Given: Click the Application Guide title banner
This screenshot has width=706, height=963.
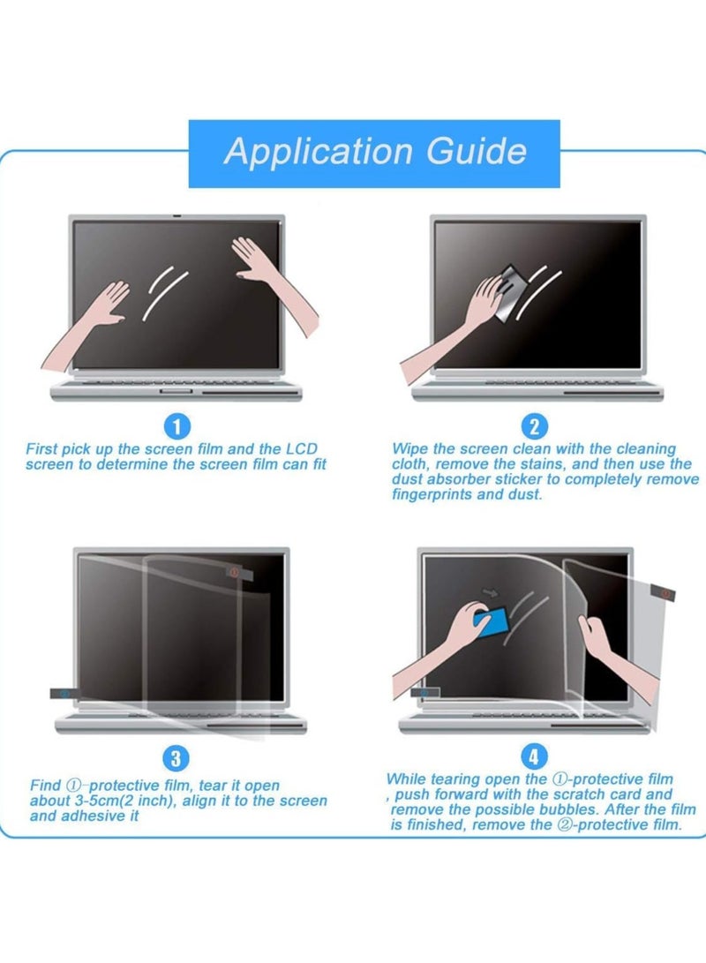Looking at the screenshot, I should (x=374, y=153).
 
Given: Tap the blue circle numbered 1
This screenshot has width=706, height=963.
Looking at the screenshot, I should (x=178, y=428).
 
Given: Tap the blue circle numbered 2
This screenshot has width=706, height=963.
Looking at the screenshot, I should (x=534, y=428).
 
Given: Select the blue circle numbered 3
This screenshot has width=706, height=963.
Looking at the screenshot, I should (x=176, y=757).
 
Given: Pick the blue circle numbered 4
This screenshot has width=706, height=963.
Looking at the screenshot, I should (x=536, y=756).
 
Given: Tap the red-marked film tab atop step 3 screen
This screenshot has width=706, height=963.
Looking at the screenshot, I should (x=236, y=573).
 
